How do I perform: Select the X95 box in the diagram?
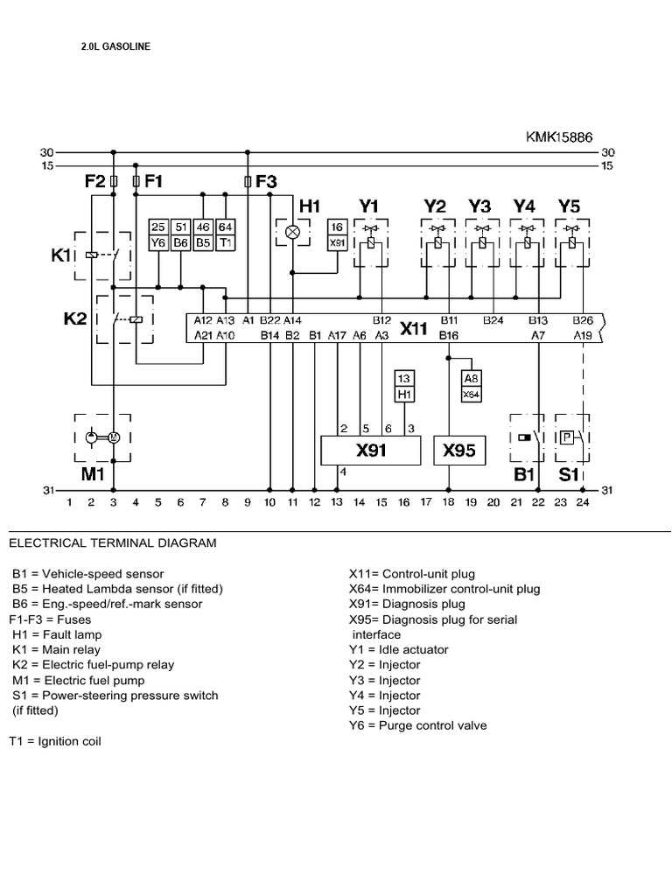click(458, 451)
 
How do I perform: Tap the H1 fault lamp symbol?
click(294, 232)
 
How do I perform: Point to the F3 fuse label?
click(265, 182)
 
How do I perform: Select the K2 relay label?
click(76, 319)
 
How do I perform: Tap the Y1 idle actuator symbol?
click(370, 242)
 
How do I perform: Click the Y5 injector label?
click(570, 206)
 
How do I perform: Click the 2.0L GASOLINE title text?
click(115, 46)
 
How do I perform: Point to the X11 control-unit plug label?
click(414, 329)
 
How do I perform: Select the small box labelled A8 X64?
click(471, 387)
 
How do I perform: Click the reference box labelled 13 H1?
click(404, 387)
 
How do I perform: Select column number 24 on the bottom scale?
click(581, 503)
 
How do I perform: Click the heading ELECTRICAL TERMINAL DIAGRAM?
click(112, 543)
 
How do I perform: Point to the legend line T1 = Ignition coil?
click(55, 741)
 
